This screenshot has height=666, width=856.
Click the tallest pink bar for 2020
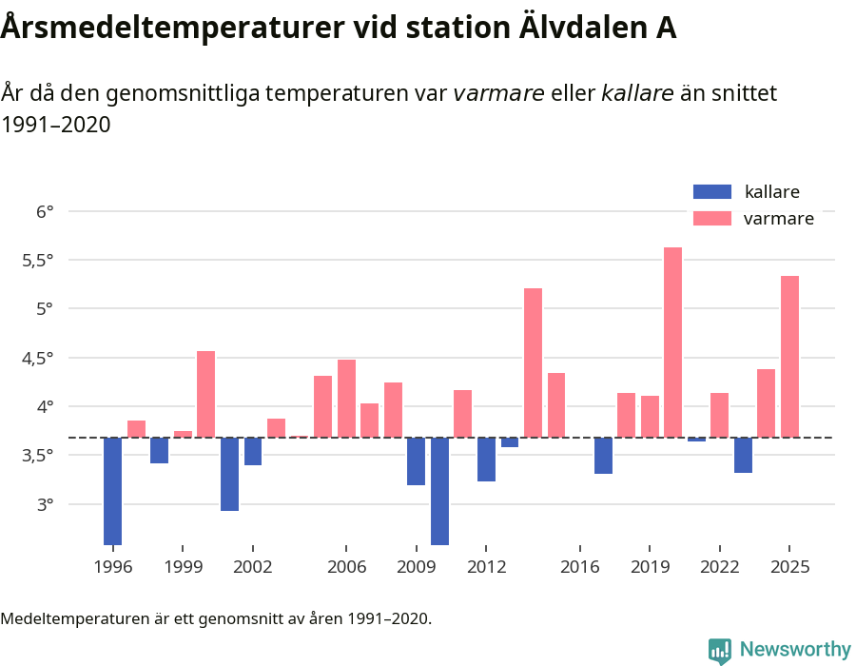[x=672, y=343]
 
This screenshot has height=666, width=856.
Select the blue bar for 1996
[x=112, y=491]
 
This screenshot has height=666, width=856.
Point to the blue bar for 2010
[x=439, y=491]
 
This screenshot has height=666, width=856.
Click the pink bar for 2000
[x=205, y=394]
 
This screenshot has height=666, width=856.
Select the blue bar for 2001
[x=229, y=474]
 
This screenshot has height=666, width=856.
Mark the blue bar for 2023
[x=743, y=455]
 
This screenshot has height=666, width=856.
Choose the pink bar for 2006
[x=346, y=399]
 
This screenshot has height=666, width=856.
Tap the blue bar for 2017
[x=603, y=456]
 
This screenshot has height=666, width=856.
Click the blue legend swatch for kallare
[x=712, y=191]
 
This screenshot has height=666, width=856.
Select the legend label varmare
[x=778, y=219]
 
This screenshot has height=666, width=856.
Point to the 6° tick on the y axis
[x=46, y=211]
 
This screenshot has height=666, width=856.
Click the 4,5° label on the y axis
[x=39, y=358]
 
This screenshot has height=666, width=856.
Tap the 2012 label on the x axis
[x=486, y=567]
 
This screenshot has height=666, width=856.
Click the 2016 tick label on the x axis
[x=579, y=567]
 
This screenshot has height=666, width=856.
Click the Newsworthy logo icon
[x=720, y=650]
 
